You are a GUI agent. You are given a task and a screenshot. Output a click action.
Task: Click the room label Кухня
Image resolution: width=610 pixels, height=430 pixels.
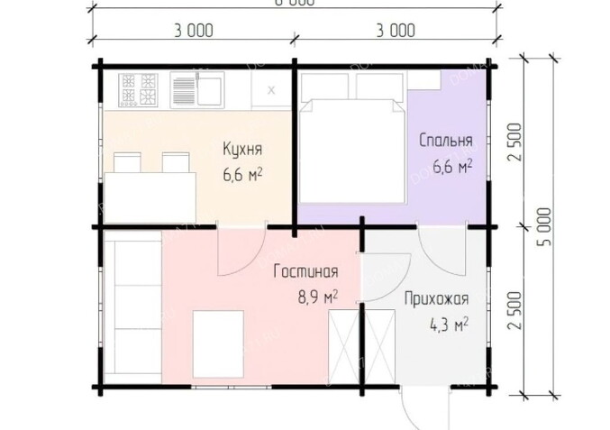[x=242, y=149]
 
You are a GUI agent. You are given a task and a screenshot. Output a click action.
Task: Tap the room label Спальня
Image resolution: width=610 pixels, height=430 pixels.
[x=445, y=141]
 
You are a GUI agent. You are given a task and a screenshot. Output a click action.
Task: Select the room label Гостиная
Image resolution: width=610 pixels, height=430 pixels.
[x=306, y=273]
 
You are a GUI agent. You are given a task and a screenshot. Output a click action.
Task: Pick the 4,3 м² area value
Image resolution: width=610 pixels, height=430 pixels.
[x=447, y=323]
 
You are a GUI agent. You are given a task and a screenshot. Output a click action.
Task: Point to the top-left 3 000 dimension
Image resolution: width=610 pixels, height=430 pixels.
[x=193, y=30]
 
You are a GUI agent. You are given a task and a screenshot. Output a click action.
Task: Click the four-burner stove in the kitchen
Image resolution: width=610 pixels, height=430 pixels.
[x=137, y=88]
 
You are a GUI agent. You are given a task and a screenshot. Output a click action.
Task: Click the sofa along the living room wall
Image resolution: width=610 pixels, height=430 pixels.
[x=132, y=307]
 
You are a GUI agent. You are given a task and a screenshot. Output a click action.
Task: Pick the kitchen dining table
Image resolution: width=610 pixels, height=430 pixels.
[x=151, y=191]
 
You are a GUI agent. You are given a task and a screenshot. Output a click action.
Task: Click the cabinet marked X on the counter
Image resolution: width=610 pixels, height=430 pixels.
[x=270, y=89]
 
